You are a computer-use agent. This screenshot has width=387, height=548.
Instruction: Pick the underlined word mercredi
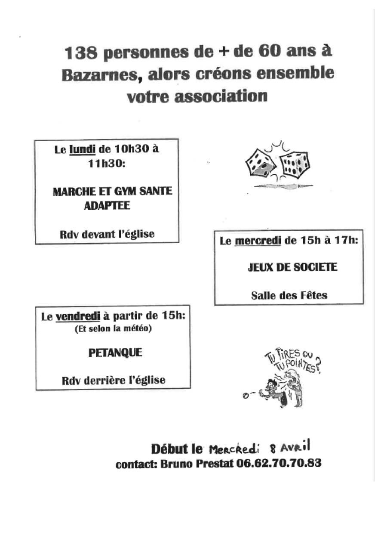pyautogui.click(x=258, y=241)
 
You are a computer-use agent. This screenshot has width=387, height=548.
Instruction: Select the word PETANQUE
pyautogui.click(x=115, y=353)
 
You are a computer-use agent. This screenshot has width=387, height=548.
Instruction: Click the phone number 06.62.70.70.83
pyautogui.click(x=279, y=464)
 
